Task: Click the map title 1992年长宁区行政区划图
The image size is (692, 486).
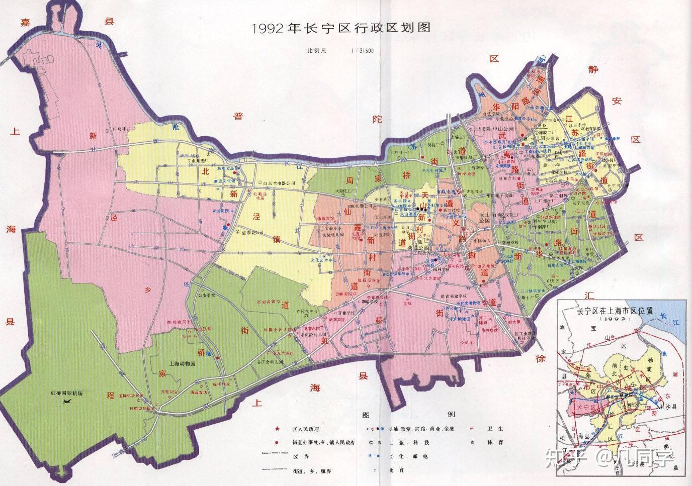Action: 335,28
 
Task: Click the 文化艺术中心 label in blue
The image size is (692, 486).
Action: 322,261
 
